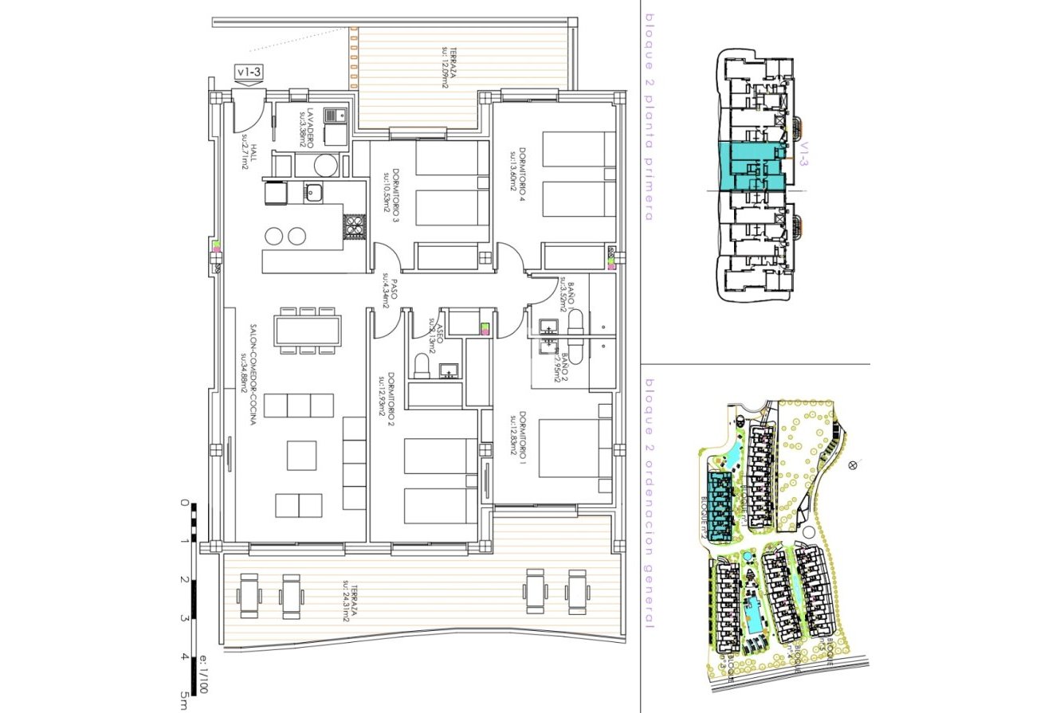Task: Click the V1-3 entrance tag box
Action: [248, 72]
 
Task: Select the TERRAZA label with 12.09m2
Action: [447, 66]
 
